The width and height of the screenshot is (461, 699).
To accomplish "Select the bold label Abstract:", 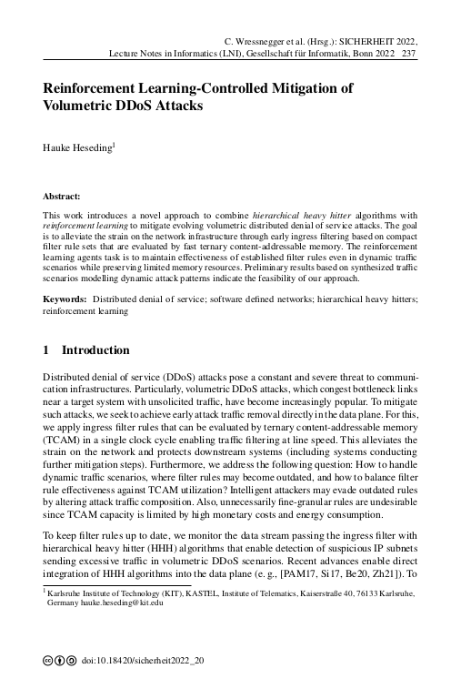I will (x=62, y=196).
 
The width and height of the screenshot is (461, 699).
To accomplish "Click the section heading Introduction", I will (x=95, y=350).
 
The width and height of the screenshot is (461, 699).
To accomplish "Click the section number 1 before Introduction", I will (x=46, y=350).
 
